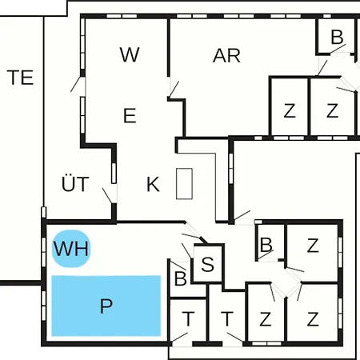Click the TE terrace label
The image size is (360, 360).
tap(20, 78)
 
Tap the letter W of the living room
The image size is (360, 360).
tap(130, 54)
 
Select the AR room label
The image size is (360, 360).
tap(226, 56)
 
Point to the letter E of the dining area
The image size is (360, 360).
tap(130, 115)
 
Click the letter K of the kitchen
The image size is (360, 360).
tap(153, 184)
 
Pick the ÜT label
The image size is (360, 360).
tap(75, 183)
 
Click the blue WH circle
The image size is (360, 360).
tap(71, 249)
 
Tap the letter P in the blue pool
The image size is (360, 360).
tap(106, 306)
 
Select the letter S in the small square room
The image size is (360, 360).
tap(207, 264)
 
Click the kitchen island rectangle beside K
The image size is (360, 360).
tap(184, 184)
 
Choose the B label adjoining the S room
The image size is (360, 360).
tap(181, 278)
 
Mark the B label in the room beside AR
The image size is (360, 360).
tap(337, 37)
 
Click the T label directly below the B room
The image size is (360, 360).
tap(188, 319)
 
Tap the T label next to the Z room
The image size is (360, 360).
tap(227, 319)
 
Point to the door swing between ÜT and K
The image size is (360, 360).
tap(107, 196)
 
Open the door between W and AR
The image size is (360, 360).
tap(174, 90)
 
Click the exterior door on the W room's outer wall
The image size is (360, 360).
tap(75, 84)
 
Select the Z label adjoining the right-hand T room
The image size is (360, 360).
tap(266, 319)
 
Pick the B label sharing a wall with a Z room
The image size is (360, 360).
tap(266, 245)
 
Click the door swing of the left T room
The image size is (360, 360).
tap(180, 337)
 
